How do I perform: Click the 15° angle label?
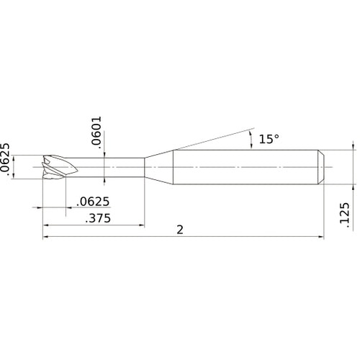pyautogui.click(x=267, y=139)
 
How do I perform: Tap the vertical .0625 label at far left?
pyautogui.click(x=6, y=160)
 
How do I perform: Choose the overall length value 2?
pyautogui.click(x=179, y=230)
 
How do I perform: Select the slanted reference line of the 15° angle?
pyautogui.click(x=209, y=140)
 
